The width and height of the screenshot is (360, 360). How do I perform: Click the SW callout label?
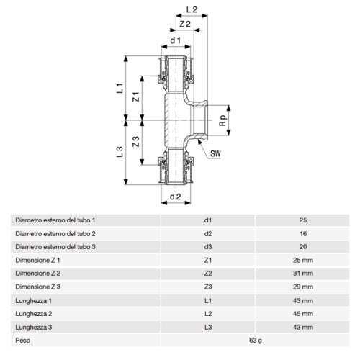click(214, 153)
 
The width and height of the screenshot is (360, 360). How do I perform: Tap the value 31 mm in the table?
click(302, 274)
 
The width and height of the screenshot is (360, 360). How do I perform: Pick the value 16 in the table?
click(302, 233)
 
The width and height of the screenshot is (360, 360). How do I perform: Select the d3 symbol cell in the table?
click(209, 247)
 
